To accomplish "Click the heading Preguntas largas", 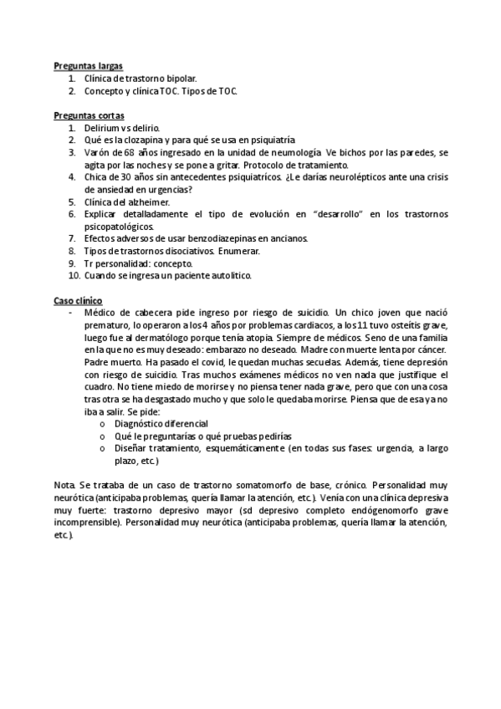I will (x=88, y=65).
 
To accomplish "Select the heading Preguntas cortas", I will (x=89, y=115).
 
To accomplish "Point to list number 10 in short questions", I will (x=74, y=275).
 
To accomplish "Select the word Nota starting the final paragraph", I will (x=64, y=485).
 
